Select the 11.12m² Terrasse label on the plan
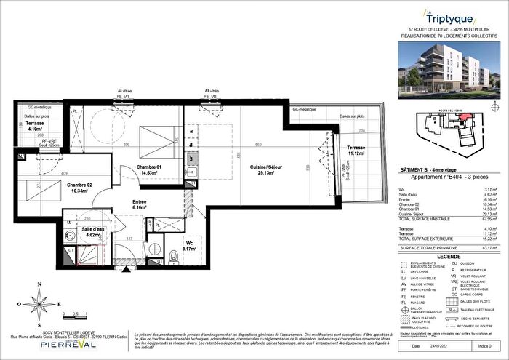pyautogui.click(x=355, y=151)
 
